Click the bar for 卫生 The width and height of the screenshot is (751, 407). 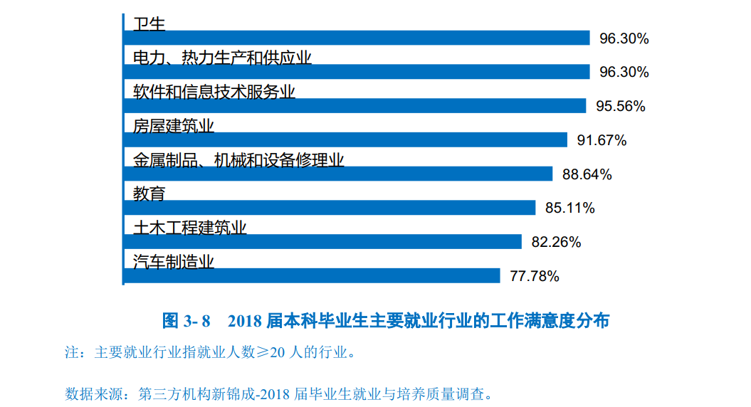[x=356, y=38]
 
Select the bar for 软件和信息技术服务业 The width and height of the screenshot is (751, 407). [x=354, y=106]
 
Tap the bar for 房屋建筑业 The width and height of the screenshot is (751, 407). [x=345, y=140]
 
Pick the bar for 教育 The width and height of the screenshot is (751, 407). [x=329, y=208]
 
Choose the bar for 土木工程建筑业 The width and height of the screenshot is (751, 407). [x=322, y=242]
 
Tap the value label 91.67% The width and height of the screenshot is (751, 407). [x=602, y=141]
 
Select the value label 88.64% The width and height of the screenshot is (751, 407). [x=587, y=174]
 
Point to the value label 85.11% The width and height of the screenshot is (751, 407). [x=569, y=208]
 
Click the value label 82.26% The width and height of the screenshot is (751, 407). [x=556, y=243]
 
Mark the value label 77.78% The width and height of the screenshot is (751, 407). [x=534, y=277]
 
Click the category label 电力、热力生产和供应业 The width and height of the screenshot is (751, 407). [x=222, y=58]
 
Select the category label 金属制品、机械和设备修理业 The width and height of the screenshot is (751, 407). [x=238, y=160]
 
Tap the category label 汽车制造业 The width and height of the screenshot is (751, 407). [x=174, y=262]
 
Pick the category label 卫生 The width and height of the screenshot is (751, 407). [x=149, y=23]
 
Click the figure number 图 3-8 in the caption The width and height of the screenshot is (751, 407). [x=187, y=321]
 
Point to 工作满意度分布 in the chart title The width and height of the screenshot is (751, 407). [x=550, y=321]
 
